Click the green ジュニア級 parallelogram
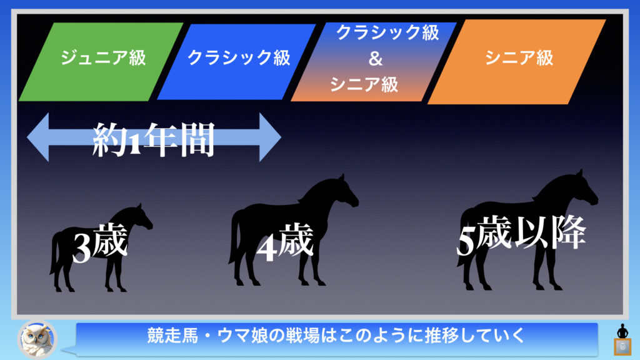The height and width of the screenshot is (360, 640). tap(101, 62)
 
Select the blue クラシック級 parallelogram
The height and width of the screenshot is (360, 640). tap(236, 62)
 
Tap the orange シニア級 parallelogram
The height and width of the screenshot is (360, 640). tap(517, 62)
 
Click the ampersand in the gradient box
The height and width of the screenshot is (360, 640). tap(376, 59)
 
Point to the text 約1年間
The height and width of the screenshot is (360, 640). tap(154, 139)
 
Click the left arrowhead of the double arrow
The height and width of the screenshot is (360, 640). tap(38, 137)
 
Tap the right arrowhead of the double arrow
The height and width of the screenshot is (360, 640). tap(270, 137)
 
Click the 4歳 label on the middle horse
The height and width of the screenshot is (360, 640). tap(285, 242)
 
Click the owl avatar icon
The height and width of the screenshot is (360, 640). tap(37, 339)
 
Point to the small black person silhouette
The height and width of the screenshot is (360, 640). tap(622, 331)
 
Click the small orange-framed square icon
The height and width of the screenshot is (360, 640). tap(623, 347)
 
